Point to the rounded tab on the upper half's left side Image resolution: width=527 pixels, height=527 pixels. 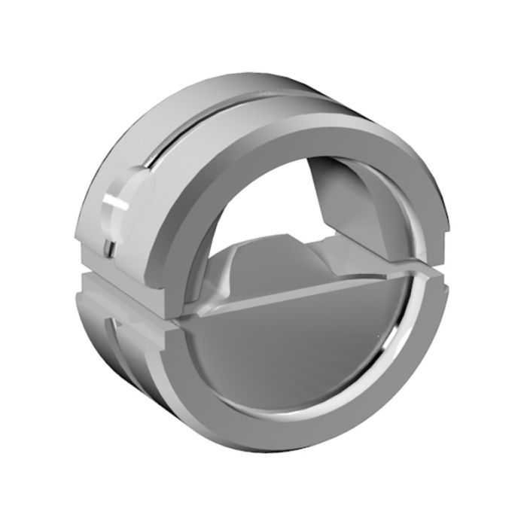point(124,200)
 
